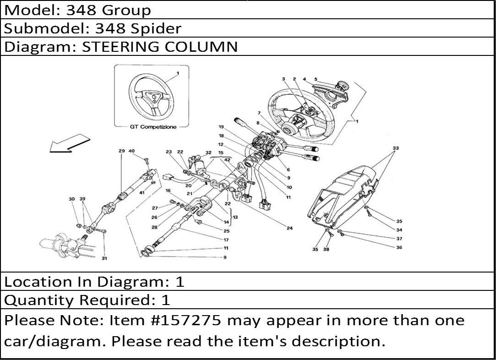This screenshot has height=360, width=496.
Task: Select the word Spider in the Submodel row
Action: pyautogui.click(x=156, y=28)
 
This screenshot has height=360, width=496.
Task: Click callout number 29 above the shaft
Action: pyautogui.click(x=121, y=151)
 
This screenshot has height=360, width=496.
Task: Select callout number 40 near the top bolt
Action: pyautogui.click(x=131, y=151)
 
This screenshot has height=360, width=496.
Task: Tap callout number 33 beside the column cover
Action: pyautogui.click(x=396, y=148)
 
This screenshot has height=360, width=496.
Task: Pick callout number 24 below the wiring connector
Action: pyautogui.click(x=289, y=228)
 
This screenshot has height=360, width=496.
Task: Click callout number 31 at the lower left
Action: pyautogui.click(x=104, y=258)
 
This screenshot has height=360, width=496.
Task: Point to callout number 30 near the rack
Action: pyautogui.click(x=71, y=199)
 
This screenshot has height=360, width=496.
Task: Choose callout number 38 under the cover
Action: pyautogui.click(x=326, y=250)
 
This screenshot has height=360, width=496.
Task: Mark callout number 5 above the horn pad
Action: pyautogui.click(x=316, y=79)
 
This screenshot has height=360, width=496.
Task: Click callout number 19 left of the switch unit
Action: pyautogui.click(x=221, y=127)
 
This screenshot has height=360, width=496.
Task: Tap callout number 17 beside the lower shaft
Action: pyautogui.click(x=226, y=240)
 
